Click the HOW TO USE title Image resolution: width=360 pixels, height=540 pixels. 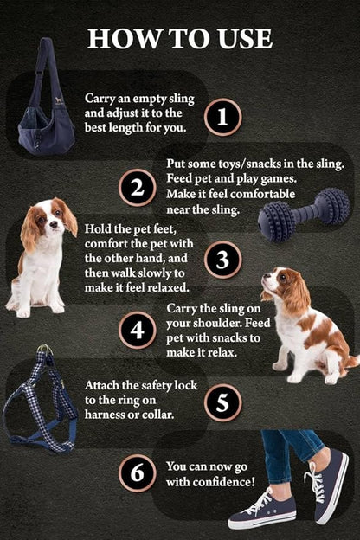point(180,38)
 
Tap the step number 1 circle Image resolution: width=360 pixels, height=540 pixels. point(223,116)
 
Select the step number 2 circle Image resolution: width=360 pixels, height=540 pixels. point(137,188)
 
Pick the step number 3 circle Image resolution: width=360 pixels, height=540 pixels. point(223,259)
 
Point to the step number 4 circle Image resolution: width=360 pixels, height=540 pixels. point(137,330)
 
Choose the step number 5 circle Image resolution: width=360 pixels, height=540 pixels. point(223,402)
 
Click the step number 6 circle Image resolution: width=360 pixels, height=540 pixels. point(137,472)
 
